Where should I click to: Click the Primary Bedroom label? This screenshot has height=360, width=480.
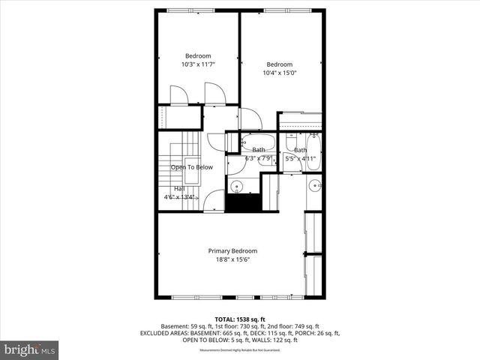point(232,250)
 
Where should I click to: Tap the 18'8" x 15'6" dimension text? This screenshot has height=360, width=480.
point(232,259)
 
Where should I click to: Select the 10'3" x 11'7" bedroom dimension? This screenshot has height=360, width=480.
point(198,64)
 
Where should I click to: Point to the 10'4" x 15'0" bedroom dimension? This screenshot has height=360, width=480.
point(279,73)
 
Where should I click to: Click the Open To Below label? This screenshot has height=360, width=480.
point(192,167)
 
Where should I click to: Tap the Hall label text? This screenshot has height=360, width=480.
point(179,188)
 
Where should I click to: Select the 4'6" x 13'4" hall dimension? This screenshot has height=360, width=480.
point(180,197)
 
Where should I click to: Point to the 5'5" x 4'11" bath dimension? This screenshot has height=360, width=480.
point(301,158)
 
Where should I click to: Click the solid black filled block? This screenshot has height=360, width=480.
point(242,202)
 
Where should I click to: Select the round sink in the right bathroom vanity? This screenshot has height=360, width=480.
point(315,184)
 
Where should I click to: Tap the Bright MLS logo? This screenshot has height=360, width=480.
point(30,349)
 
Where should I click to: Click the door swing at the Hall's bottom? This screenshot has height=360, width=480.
point(214,201)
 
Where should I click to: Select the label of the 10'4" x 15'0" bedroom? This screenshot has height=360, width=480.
point(279,64)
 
